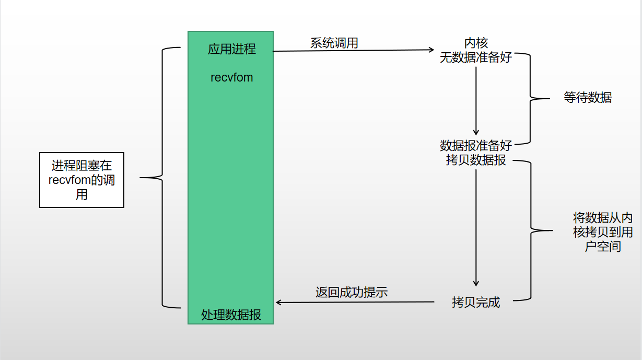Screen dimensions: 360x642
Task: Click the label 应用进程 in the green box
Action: click(x=232, y=50)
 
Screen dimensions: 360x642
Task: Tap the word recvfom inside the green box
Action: click(x=232, y=77)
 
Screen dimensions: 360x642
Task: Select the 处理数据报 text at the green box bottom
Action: click(x=231, y=315)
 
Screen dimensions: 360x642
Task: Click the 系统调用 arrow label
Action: click(x=334, y=43)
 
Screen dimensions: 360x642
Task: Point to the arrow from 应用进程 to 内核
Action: click(x=353, y=51)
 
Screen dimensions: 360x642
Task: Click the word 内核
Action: click(x=476, y=43)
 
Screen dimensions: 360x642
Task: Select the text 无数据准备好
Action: click(x=475, y=57)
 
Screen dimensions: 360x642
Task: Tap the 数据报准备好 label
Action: click(x=476, y=145)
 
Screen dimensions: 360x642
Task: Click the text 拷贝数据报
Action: click(x=476, y=160)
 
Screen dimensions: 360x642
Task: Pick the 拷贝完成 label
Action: click(x=476, y=302)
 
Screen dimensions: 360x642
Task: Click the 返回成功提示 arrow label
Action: click(x=352, y=292)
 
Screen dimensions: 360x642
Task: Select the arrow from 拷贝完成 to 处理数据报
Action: click(x=355, y=302)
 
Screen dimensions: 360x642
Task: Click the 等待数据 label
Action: click(x=588, y=98)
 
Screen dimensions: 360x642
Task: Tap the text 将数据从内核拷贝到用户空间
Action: click(x=603, y=232)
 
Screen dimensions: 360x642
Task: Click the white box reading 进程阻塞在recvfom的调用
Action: click(x=81, y=180)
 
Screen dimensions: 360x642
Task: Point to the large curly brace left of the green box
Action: click(x=162, y=178)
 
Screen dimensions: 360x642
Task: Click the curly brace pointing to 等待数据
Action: click(x=531, y=98)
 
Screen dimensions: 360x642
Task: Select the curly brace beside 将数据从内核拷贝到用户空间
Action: click(x=532, y=230)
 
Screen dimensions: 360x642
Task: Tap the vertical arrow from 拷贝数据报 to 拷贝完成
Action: click(x=476, y=227)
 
